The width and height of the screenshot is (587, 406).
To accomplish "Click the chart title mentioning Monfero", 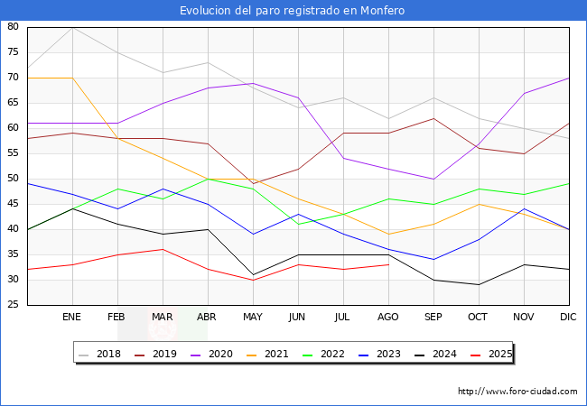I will click(293, 11).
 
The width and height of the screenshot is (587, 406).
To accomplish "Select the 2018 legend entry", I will click(100, 354).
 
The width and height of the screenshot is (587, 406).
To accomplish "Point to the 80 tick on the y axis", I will click(14, 27).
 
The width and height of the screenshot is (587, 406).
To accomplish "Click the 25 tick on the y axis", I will click(14, 305).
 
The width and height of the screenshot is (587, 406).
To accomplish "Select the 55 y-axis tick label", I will click(14, 153).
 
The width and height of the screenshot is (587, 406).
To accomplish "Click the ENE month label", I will click(72, 318).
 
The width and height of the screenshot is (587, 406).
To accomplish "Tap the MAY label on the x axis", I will click(253, 318).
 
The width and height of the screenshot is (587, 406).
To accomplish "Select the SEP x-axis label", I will click(433, 318).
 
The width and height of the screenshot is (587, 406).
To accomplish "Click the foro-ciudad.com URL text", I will click(517, 392).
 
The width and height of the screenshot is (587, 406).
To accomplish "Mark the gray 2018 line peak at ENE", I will click(72, 27).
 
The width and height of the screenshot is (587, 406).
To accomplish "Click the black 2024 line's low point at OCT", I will click(479, 285).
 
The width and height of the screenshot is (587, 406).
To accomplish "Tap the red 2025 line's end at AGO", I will click(388, 264).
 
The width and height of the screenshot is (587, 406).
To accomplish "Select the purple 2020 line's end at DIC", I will click(569, 78).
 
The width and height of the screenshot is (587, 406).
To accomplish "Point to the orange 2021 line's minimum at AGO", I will click(388, 235).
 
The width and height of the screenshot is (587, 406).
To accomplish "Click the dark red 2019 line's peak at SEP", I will click(433, 118).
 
